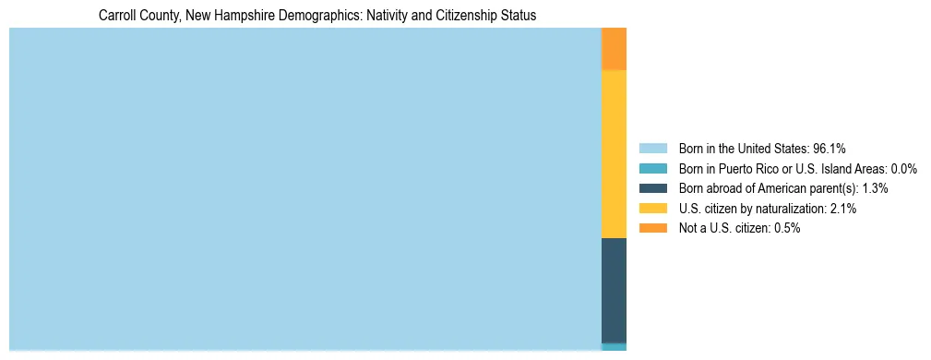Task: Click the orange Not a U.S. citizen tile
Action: pyautogui.click(x=614, y=49)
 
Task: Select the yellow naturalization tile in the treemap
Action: pyautogui.click(x=614, y=154)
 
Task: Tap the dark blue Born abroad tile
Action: pyautogui.click(x=614, y=290)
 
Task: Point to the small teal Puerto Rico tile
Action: pyautogui.click(x=614, y=347)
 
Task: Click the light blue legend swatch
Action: pyautogui.click(x=653, y=148)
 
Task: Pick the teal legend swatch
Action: pyautogui.click(x=653, y=168)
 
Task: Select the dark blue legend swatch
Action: pyautogui.click(x=653, y=188)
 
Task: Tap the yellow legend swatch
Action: pyautogui.click(x=653, y=209)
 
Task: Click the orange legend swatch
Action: pyautogui.click(x=653, y=228)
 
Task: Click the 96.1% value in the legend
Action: pyautogui.click(x=830, y=148)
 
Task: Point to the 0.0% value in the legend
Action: pyautogui.click(x=902, y=168)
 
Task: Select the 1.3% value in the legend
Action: pyautogui.click(x=873, y=188)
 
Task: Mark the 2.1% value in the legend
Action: pyautogui.click(x=841, y=209)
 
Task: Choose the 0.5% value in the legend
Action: pyautogui.click(x=785, y=228)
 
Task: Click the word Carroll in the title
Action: pyautogui.click(x=117, y=16)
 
